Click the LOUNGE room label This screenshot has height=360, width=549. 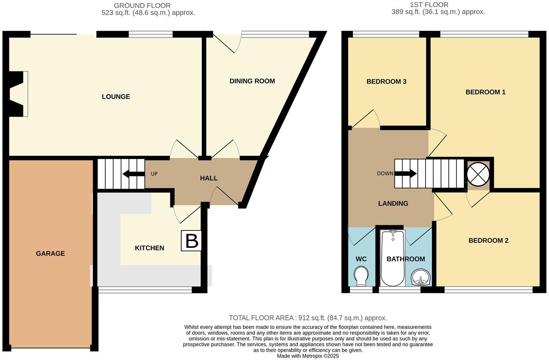[x=116, y=97]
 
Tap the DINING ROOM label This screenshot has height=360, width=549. [x=252, y=81]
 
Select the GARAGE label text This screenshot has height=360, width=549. [x=50, y=253]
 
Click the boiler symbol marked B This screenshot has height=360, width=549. [x=192, y=241]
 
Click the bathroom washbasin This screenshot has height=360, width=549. [x=421, y=277]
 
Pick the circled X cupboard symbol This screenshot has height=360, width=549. [x=478, y=174]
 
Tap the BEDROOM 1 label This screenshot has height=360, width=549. [x=485, y=92]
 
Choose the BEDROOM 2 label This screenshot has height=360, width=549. [x=488, y=240]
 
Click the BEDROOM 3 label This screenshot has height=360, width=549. [x=386, y=81]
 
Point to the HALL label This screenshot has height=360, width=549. [x=209, y=178]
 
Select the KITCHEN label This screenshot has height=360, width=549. [x=149, y=248]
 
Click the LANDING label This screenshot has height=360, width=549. [x=393, y=203]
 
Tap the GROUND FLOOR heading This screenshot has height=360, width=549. [x=142, y=6]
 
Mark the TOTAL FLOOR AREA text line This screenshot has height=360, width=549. [x=308, y=318]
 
